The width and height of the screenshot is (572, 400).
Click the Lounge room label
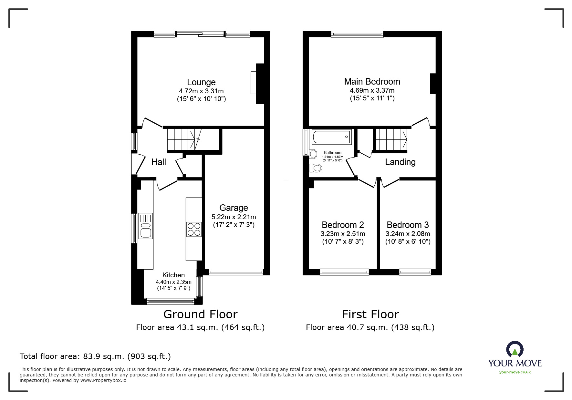[201, 82]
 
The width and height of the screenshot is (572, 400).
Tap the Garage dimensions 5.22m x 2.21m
[234, 217]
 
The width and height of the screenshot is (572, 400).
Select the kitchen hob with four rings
[194, 229]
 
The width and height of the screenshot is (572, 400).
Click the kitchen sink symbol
[145, 226]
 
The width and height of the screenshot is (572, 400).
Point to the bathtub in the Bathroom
[331, 137]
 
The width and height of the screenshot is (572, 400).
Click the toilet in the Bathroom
[315, 168]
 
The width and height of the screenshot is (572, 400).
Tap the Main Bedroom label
[372, 82]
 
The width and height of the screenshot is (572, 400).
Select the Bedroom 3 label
[408, 225]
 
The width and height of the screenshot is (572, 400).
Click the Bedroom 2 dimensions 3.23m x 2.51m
[343, 234]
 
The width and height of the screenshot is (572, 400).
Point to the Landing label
[400, 162]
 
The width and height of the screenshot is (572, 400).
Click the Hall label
[159, 162]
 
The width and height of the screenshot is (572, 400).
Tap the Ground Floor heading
[200, 314]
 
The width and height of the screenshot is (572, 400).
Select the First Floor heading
[370, 314]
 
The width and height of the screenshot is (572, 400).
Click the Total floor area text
[95, 356]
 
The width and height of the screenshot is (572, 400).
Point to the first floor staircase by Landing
[391, 139]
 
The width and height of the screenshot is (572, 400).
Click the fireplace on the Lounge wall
[259, 83]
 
